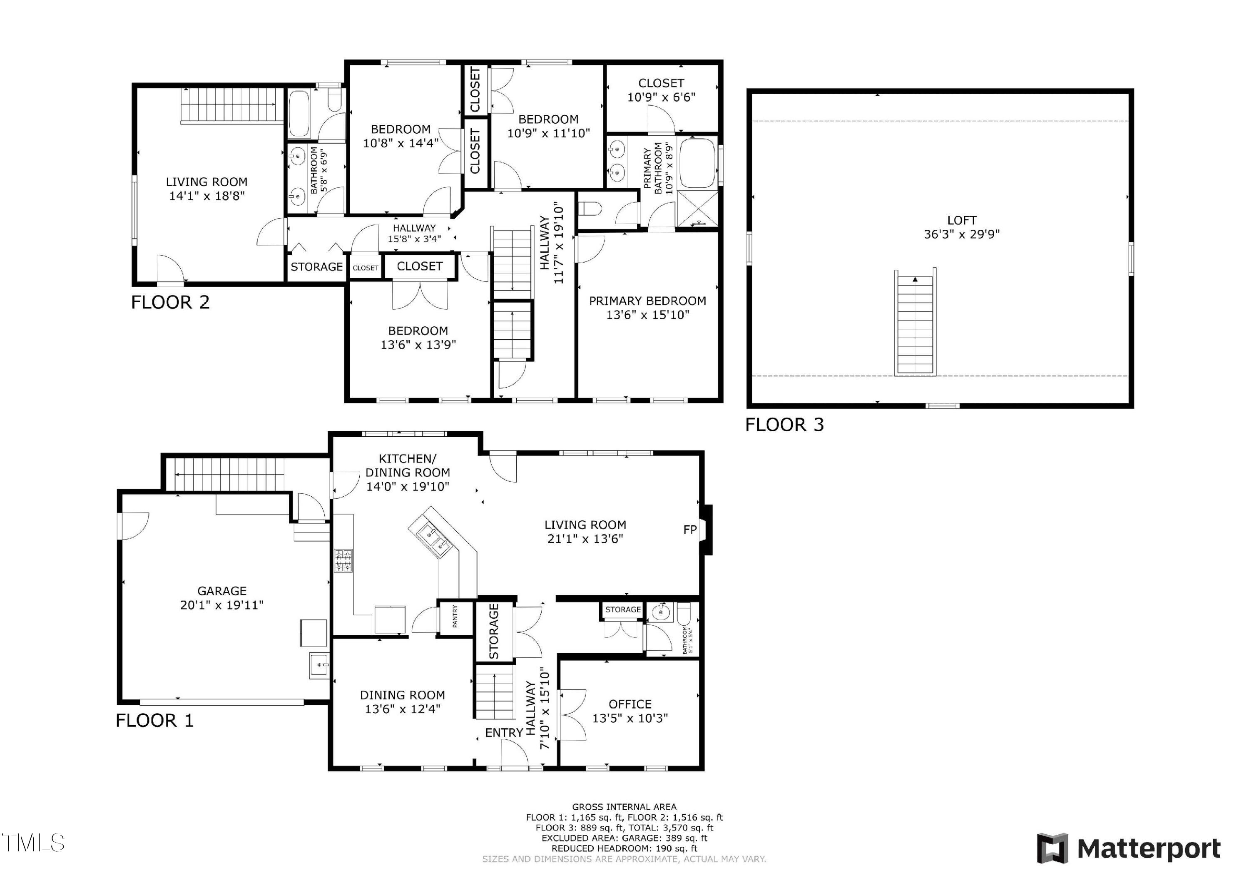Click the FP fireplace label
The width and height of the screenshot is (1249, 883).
690,530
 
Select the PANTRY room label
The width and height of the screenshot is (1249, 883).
455,617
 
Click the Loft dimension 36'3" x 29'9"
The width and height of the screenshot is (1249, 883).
962,234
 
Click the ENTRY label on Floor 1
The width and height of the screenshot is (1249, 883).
504,733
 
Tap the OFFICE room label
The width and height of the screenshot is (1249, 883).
630,704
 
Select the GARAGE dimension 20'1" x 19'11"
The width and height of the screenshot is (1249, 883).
222,604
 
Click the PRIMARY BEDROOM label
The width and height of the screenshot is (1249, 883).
647,301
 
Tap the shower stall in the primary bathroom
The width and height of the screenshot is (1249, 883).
697,209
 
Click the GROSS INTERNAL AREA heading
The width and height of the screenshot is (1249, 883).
624,807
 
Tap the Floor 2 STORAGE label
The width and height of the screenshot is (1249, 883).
316,266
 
